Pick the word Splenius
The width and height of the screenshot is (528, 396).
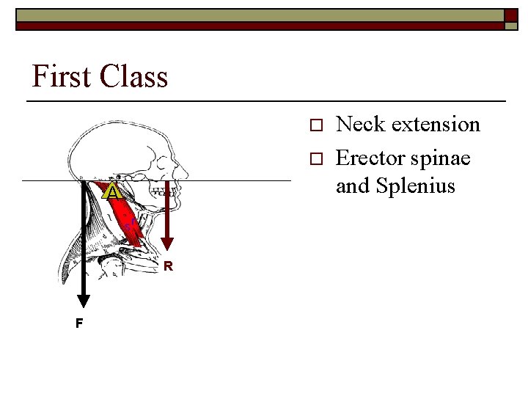416,187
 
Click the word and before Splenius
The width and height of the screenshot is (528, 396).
353,187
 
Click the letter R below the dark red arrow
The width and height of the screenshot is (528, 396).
168,266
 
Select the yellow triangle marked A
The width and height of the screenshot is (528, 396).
111,192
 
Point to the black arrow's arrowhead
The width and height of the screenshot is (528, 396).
84,300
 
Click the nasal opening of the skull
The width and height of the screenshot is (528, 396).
178,170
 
